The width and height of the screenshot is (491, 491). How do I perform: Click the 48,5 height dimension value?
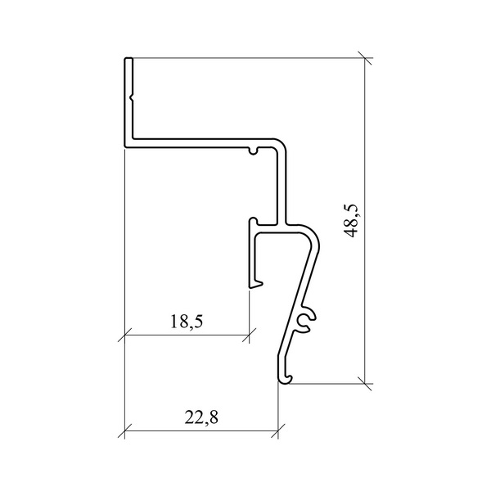click(x=350, y=221)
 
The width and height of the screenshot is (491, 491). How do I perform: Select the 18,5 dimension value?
click(x=187, y=322)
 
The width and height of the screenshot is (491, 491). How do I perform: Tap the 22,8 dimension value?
click(x=201, y=417)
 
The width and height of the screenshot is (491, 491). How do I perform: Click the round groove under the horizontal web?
click(x=254, y=151)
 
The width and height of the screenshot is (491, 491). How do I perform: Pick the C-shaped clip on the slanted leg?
click(x=307, y=320)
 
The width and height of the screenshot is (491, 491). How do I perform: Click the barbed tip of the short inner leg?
click(x=256, y=284)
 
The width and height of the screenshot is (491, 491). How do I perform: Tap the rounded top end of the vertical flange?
click(x=128, y=59)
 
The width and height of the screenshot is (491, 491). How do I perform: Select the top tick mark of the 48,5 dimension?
click(x=365, y=58)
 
